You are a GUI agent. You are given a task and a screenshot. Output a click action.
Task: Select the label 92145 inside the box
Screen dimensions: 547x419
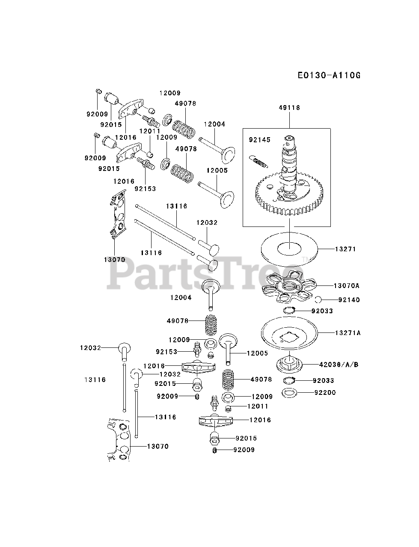point(260,140)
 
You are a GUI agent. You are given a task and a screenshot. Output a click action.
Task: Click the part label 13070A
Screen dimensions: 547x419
point(347,285)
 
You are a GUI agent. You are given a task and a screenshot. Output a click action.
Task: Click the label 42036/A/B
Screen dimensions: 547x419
point(338,365)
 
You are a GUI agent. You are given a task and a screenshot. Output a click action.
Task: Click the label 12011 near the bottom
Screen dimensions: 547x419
point(259,406)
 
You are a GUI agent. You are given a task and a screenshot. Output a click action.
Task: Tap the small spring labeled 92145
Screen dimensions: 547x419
point(258,161)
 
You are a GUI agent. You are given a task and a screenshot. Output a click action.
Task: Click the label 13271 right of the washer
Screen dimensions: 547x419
point(345,249)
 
